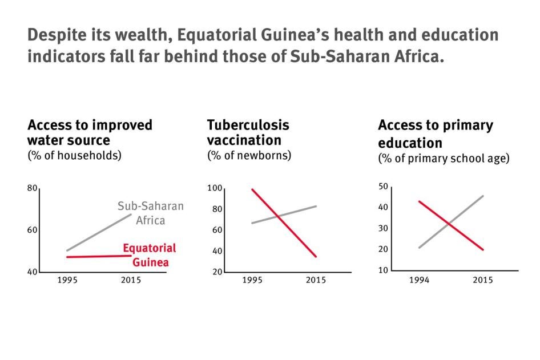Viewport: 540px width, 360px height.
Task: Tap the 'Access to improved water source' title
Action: (90, 132)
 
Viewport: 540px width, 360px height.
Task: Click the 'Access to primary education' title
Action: (435, 134)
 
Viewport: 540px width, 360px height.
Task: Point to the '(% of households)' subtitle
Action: (74, 155)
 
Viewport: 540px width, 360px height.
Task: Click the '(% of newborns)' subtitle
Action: (249, 155)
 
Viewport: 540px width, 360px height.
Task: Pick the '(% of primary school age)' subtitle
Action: (443, 159)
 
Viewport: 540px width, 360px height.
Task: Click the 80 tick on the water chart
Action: (32, 189)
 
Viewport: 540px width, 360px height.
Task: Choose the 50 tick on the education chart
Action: (383, 187)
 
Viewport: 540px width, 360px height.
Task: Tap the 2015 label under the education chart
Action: (482, 281)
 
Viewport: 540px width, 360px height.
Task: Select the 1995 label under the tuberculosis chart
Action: (252, 281)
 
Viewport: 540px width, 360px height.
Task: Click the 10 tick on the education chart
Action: (383, 270)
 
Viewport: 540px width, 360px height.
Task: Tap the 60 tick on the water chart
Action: (32, 230)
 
